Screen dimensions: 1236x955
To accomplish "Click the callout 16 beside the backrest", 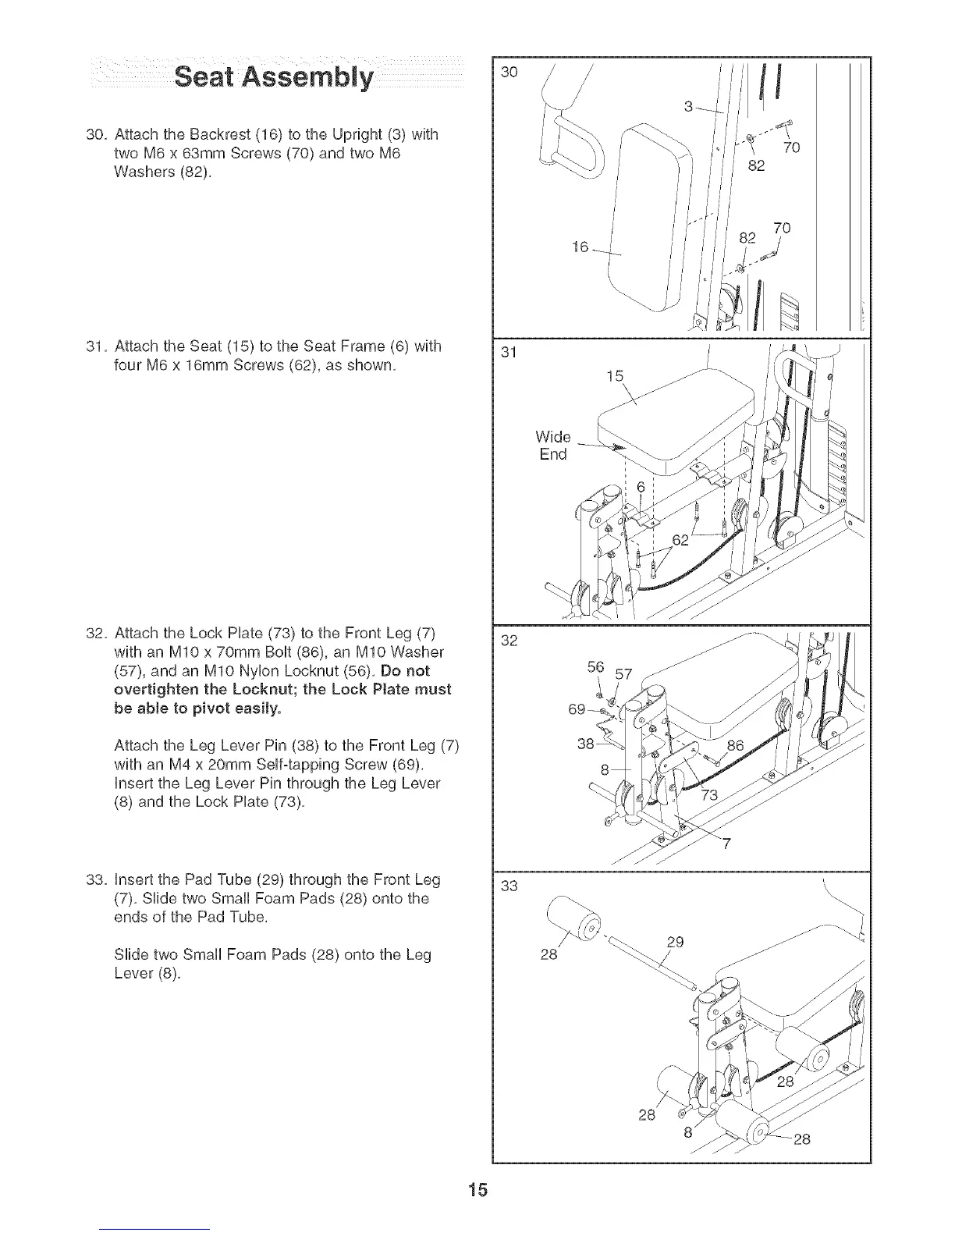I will pyautogui.click(x=580, y=247).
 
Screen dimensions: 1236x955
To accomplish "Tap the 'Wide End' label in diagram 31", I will pyautogui.click(x=552, y=445).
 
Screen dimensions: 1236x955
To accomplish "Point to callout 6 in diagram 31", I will pyautogui.click(x=641, y=486).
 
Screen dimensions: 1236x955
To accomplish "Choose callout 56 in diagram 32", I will pyautogui.click(x=595, y=667).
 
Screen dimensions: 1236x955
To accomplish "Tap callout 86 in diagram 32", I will pyautogui.click(x=735, y=745).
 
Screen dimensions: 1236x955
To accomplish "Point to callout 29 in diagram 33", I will pyautogui.click(x=676, y=942).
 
